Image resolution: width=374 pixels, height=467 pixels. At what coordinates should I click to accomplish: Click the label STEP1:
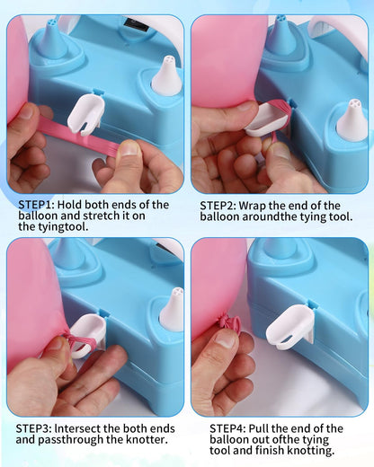click(x=36, y=205)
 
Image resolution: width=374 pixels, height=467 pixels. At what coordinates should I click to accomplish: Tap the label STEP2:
click(x=218, y=206)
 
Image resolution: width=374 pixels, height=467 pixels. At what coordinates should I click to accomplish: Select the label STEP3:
click(x=34, y=428)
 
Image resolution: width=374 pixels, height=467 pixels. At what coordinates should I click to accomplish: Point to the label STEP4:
click(x=227, y=428)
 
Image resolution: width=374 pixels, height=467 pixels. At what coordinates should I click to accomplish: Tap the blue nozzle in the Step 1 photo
click(x=54, y=38)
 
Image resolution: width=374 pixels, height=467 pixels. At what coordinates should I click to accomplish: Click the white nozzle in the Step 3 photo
click(x=172, y=309)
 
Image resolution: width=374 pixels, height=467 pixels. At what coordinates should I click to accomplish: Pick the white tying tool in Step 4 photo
click(x=289, y=328)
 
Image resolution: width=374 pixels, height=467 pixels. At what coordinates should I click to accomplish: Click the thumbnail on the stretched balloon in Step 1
click(x=129, y=148)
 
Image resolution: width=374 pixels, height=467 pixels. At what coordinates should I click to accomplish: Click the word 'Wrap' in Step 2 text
click(x=253, y=207)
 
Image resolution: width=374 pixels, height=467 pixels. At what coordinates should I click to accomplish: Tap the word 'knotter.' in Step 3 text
click(x=147, y=439)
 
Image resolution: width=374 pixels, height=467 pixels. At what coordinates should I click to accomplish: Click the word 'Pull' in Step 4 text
click(x=259, y=428)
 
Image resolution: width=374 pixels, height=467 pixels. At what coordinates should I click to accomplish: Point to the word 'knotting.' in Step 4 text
click(x=310, y=451)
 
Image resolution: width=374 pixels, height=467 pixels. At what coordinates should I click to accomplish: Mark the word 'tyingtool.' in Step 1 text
click(x=53, y=227)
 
